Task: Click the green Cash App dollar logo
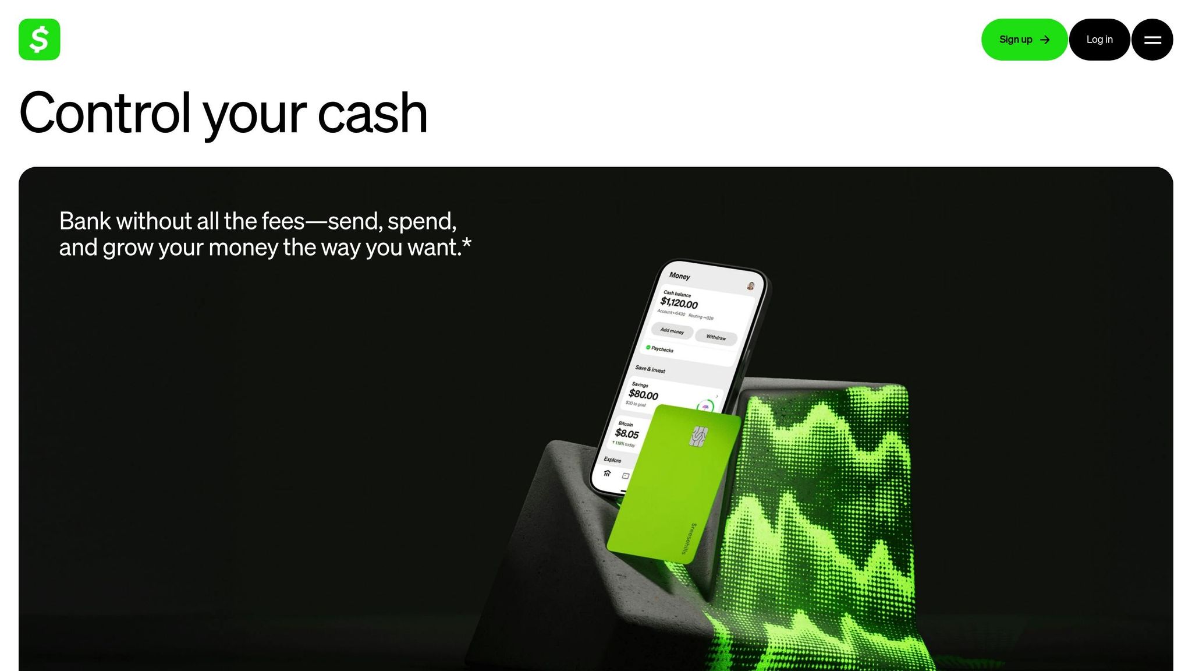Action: pyautogui.click(x=39, y=40)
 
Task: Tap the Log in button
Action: pyautogui.click(x=1099, y=40)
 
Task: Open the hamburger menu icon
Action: pyautogui.click(x=1152, y=40)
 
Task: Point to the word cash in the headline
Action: pyautogui.click(x=372, y=113)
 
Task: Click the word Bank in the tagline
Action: pyautogui.click(x=85, y=221)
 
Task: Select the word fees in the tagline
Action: pyautogui.click(x=283, y=221)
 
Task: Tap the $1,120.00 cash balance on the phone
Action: pyautogui.click(x=679, y=303)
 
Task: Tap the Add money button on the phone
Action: pyautogui.click(x=672, y=331)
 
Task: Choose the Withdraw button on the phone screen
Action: pyautogui.click(x=716, y=337)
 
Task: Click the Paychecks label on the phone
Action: pyautogui.click(x=662, y=349)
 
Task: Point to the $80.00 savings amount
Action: pyautogui.click(x=643, y=395)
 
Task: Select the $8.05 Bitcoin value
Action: pyautogui.click(x=627, y=433)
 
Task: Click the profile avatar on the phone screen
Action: pyautogui.click(x=751, y=285)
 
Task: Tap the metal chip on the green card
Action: pyautogui.click(x=698, y=436)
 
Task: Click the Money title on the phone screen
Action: pyautogui.click(x=679, y=276)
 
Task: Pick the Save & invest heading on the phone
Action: pyautogui.click(x=650, y=369)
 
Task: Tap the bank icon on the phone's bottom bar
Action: pyautogui.click(x=607, y=473)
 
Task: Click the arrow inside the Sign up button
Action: pyautogui.click(x=1045, y=40)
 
